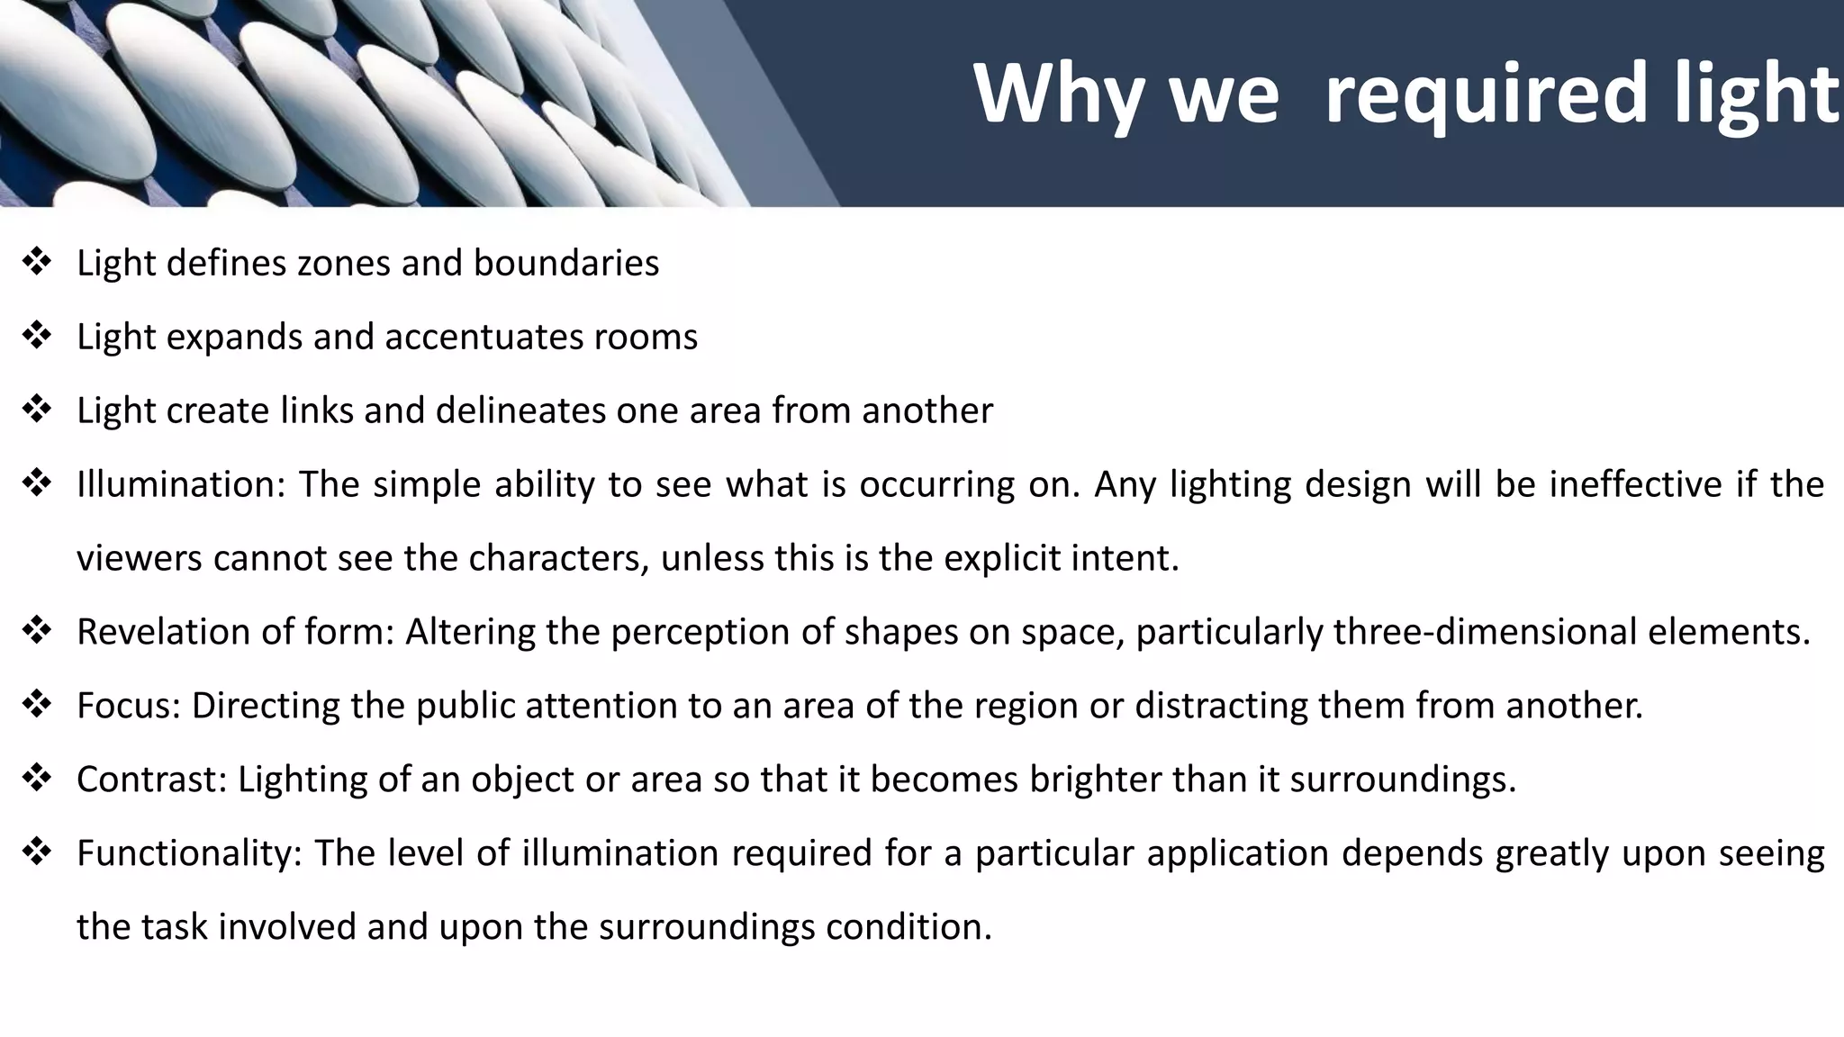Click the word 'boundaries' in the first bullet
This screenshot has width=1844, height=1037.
click(x=566, y=263)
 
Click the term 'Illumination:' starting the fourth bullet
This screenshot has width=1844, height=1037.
click(x=181, y=484)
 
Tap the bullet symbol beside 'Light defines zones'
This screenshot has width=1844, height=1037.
click(x=37, y=263)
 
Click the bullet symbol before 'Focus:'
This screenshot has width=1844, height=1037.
click(x=37, y=706)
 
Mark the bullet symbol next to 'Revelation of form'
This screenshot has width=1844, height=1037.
click(x=37, y=632)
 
